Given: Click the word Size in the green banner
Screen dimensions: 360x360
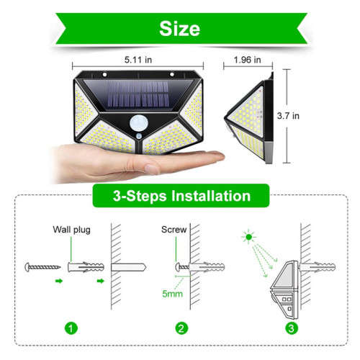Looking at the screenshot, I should [179, 29].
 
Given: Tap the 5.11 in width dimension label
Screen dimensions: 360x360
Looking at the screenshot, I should [138, 61].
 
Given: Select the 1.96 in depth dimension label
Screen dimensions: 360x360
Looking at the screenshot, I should [251, 61].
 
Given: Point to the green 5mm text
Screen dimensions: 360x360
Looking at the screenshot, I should [171, 294].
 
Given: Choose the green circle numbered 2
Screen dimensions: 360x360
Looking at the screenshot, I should [181, 328].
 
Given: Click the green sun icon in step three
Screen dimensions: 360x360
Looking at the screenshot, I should [249, 235].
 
